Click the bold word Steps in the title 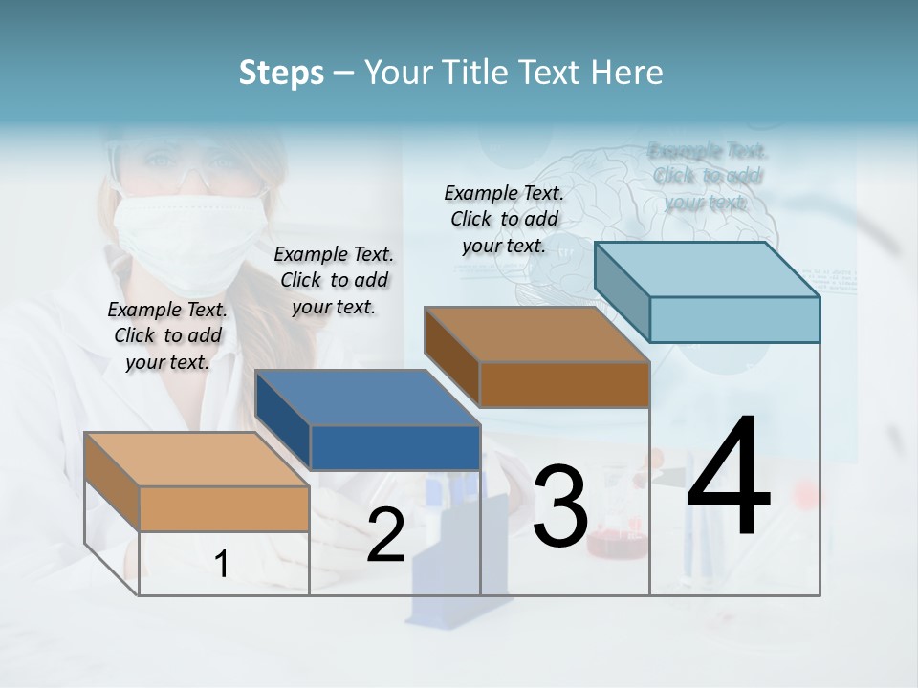coord(280,73)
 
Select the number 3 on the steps coord(559,506)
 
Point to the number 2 coord(385,535)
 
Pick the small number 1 coord(221,564)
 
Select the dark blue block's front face coord(394,447)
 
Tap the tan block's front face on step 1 coord(224,508)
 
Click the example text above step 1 coord(167,335)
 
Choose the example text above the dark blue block coord(334,280)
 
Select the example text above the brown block coord(504,219)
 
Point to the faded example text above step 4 coord(707,176)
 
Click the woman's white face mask coord(189,239)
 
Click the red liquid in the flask coord(612,545)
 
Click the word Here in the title coord(632,73)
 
